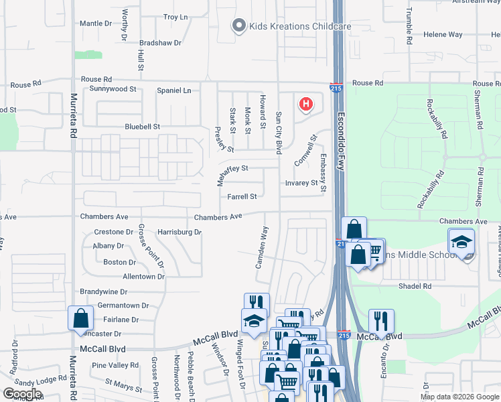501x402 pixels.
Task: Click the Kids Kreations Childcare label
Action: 300,26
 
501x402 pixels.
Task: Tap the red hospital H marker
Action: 306,105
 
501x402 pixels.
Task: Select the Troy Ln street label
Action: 175,17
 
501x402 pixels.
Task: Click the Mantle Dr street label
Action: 96,23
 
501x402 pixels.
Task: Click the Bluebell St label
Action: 143,126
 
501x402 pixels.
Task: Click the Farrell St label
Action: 242,197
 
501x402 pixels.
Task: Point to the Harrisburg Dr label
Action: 180,232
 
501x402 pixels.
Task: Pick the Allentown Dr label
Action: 143,276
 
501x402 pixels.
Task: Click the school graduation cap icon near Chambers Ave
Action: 461,241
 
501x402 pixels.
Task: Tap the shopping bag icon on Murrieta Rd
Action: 80,318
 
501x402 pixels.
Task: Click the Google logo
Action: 22,394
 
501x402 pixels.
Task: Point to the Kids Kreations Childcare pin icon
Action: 238,26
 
